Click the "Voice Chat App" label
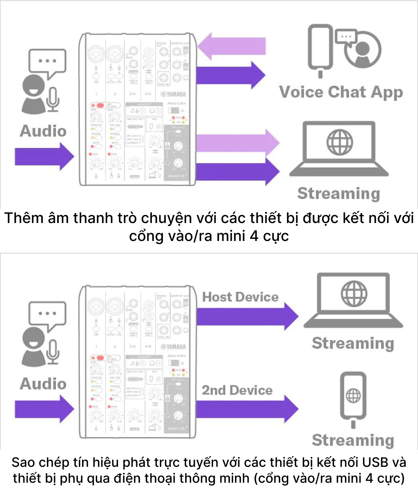[x=341, y=93]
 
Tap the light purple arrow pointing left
[x=231, y=46]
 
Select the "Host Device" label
[x=240, y=297]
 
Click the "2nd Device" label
[x=237, y=390]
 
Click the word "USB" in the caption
[x=375, y=462]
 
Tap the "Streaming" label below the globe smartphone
[x=353, y=440]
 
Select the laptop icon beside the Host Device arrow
[x=353, y=301]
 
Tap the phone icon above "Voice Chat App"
[x=320, y=48]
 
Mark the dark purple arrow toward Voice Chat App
[x=231, y=75]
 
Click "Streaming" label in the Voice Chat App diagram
[x=338, y=193]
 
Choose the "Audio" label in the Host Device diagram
[x=43, y=384]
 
